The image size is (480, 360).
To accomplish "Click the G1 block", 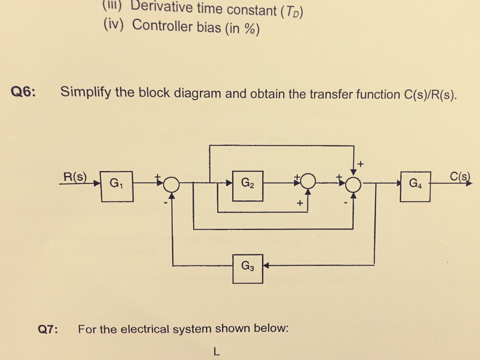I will (117, 186).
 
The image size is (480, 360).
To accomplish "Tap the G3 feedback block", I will (247, 269).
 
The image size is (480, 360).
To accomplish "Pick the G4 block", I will (415, 186).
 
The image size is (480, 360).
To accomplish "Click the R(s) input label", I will (75, 177).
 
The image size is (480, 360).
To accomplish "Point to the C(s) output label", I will (459, 177).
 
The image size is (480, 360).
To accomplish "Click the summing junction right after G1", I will (172, 184).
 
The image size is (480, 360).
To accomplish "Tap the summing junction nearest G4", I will (354, 185).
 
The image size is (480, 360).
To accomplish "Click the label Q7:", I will (48, 330).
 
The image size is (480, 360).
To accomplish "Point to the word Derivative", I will (162, 7).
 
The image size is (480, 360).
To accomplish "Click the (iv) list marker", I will (113, 24).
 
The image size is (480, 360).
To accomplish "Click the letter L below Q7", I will (216, 351).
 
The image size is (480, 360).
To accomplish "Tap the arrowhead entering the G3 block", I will (265, 266).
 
